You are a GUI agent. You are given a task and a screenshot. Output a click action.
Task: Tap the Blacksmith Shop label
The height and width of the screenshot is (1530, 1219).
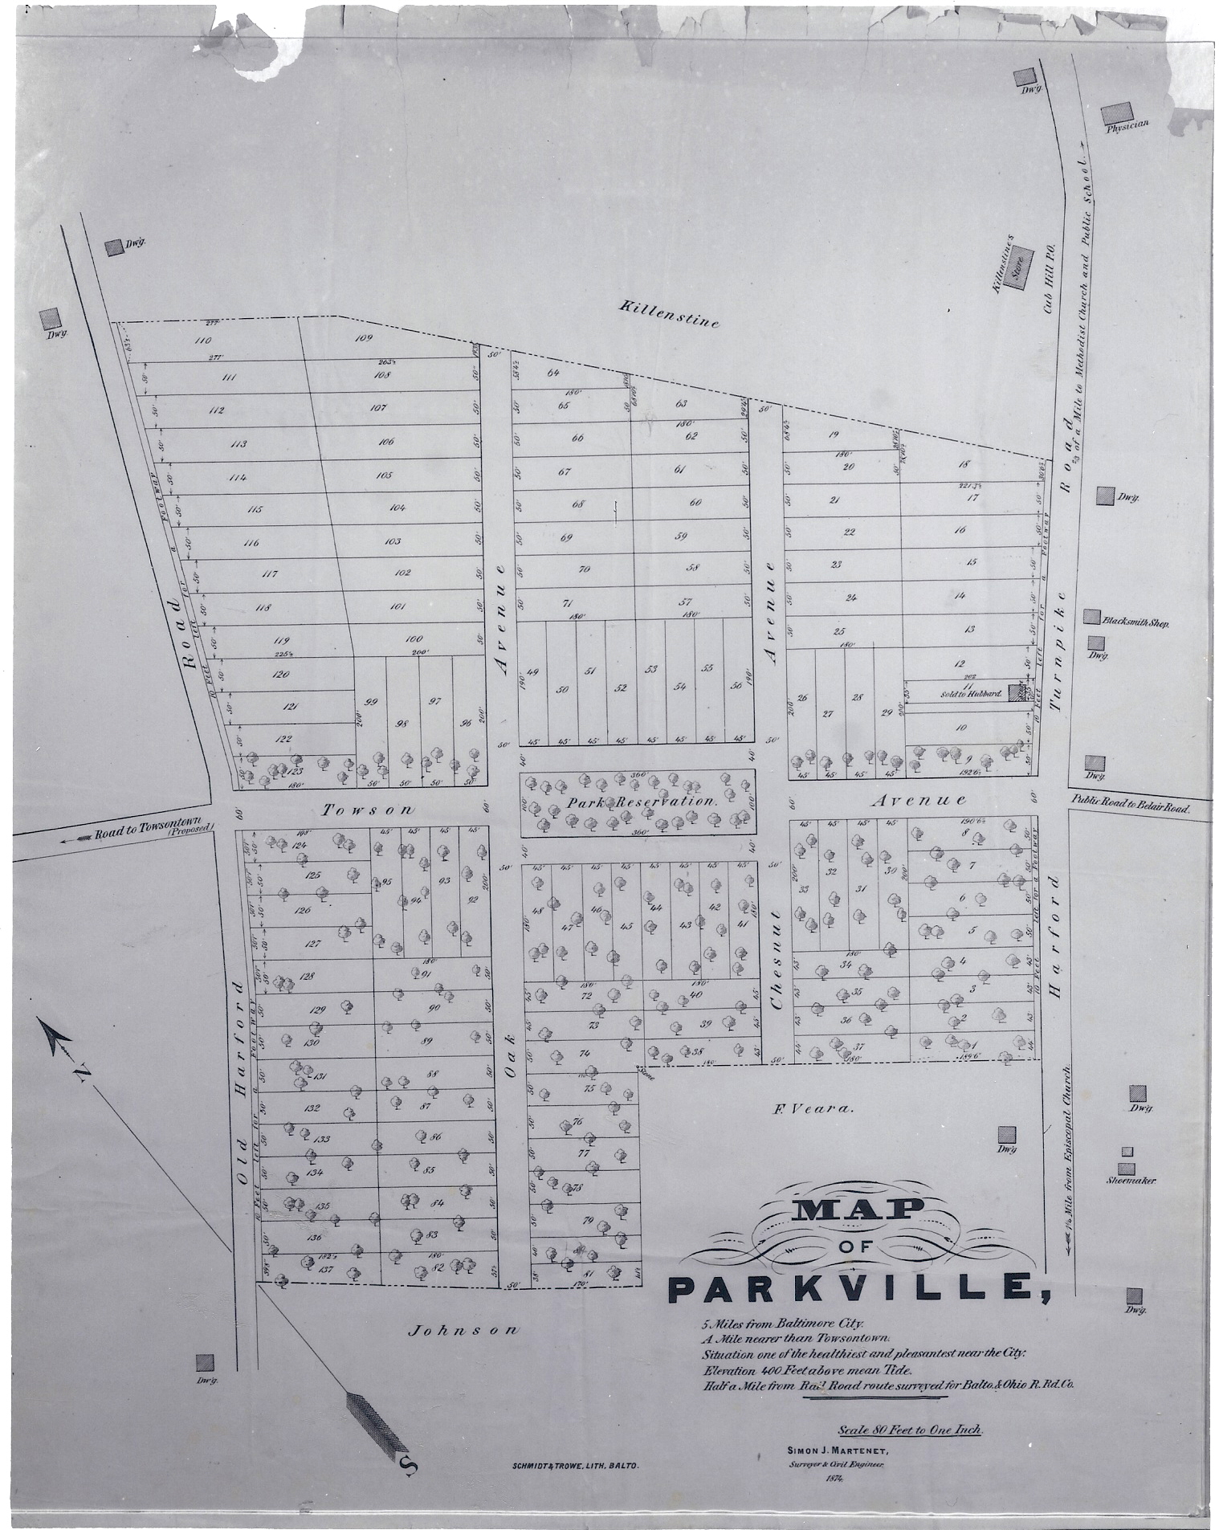pos(1135,622)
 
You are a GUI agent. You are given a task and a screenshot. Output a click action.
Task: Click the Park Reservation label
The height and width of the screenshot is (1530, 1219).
pos(640,802)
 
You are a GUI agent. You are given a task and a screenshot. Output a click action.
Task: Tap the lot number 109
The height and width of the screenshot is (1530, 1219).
pos(364,338)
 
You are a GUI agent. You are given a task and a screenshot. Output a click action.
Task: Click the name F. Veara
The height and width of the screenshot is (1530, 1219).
pos(811,1110)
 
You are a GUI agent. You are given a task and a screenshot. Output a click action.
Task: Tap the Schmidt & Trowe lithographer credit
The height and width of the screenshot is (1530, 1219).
pos(574,1467)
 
